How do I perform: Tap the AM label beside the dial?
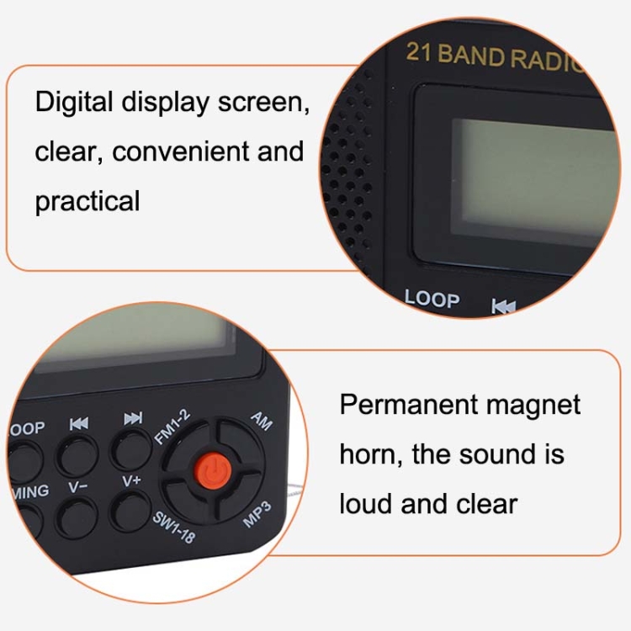tap(262, 421)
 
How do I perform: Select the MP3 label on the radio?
tap(257, 515)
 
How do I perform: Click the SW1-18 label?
tap(174, 528)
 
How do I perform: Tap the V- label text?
tap(77, 487)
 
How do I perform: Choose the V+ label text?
tap(131, 480)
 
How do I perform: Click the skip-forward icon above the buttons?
tap(133, 418)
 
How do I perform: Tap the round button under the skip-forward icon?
tap(131, 449)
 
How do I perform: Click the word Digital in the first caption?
tap(74, 103)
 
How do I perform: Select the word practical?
tap(87, 202)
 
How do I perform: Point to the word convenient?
tap(180, 151)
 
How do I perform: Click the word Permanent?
tap(409, 404)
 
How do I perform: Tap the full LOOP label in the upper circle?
tap(432, 299)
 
